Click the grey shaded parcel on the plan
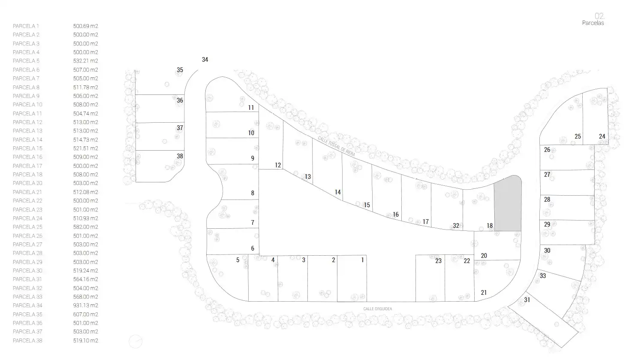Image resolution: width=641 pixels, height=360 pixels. pyautogui.click(x=508, y=204)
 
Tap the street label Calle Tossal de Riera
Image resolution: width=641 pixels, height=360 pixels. pyautogui.click(x=337, y=146)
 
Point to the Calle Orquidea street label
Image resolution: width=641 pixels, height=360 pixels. pyautogui.click(x=377, y=309)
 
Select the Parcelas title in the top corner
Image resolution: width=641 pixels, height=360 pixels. pyautogui.click(x=593, y=23)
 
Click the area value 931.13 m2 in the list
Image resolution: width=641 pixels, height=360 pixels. pyautogui.click(x=86, y=306)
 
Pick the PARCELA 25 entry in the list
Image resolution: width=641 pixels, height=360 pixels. pyautogui.click(x=27, y=227)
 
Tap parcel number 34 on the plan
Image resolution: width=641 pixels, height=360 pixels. pyautogui.click(x=205, y=60)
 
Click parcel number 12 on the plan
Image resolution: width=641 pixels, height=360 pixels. pyautogui.click(x=278, y=165)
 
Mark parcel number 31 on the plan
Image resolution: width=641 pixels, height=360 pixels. pyautogui.click(x=527, y=300)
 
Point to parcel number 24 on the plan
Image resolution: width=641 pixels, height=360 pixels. pyautogui.click(x=602, y=136)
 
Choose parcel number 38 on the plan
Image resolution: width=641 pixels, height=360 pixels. pyautogui.click(x=180, y=156)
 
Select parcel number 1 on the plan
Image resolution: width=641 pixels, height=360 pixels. pyautogui.click(x=363, y=260)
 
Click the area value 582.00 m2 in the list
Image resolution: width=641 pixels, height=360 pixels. pyautogui.click(x=86, y=227)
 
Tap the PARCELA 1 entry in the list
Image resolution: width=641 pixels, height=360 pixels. pyautogui.click(x=26, y=26)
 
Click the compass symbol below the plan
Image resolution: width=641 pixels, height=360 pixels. pyautogui.click(x=135, y=342)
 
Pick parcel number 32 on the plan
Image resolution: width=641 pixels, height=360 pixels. pyautogui.click(x=456, y=226)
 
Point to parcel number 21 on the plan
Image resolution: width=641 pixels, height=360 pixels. pyautogui.click(x=484, y=292)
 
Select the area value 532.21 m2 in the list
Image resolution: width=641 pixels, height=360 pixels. pyautogui.click(x=86, y=61)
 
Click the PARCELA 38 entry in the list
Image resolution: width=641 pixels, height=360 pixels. pyautogui.click(x=27, y=341)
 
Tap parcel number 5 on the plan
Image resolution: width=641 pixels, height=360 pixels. pyautogui.click(x=238, y=260)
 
